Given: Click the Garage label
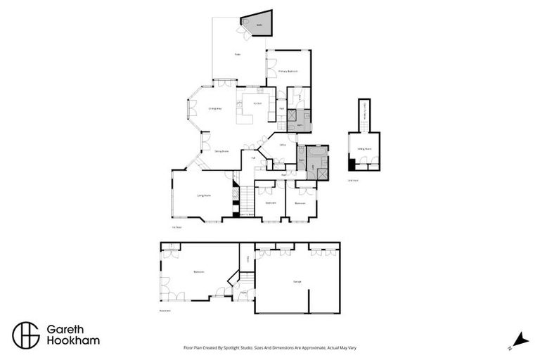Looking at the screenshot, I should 297,281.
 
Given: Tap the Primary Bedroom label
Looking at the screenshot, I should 288,72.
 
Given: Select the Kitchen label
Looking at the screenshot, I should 257,104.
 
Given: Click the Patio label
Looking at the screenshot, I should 238,54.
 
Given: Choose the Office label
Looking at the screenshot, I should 283,145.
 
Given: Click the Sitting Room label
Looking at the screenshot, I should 364,149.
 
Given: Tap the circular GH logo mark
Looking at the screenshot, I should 26,335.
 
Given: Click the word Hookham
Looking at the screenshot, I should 72,341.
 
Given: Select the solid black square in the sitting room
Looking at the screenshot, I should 352,165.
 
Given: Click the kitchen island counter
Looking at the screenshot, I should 245,117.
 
